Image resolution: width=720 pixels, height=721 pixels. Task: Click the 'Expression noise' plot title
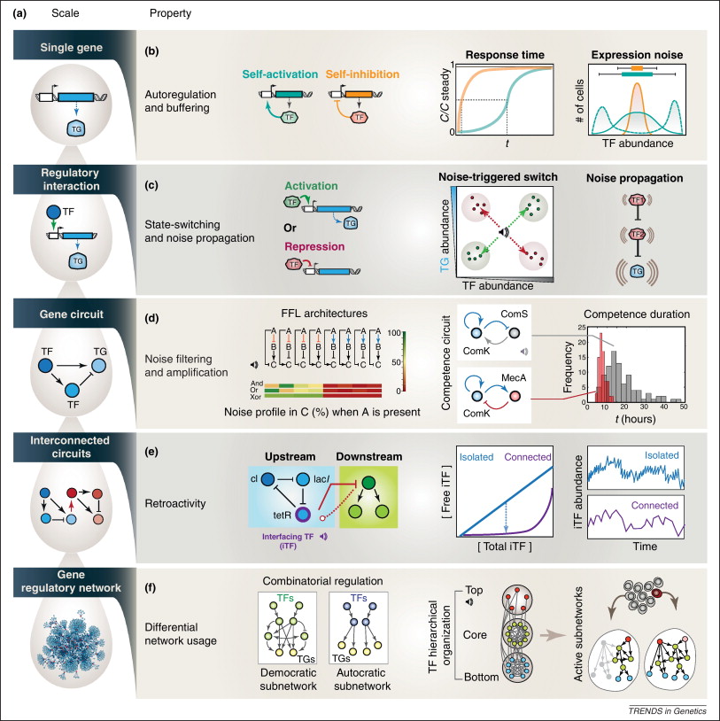click(x=636, y=52)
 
